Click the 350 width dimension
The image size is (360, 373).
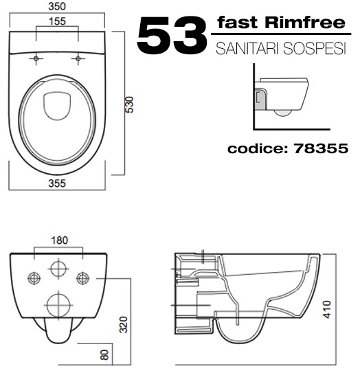pos(57,6)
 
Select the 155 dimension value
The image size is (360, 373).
pos(57,21)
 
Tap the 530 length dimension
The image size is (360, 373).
pos(130,104)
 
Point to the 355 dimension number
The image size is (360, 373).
pos(57,183)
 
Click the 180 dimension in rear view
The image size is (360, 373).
pos(60,240)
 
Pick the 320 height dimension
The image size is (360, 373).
pos(124,324)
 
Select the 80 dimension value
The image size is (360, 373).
pos(104,354)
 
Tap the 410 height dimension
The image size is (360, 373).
pos(328,310)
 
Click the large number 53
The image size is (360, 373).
pos(172,35)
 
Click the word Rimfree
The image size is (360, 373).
pos(305,23)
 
